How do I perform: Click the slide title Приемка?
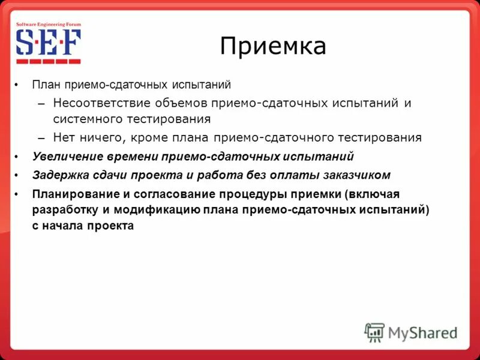273,46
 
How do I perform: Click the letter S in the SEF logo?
26,43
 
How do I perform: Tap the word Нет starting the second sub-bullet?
64,137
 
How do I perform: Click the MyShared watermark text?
423,332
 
